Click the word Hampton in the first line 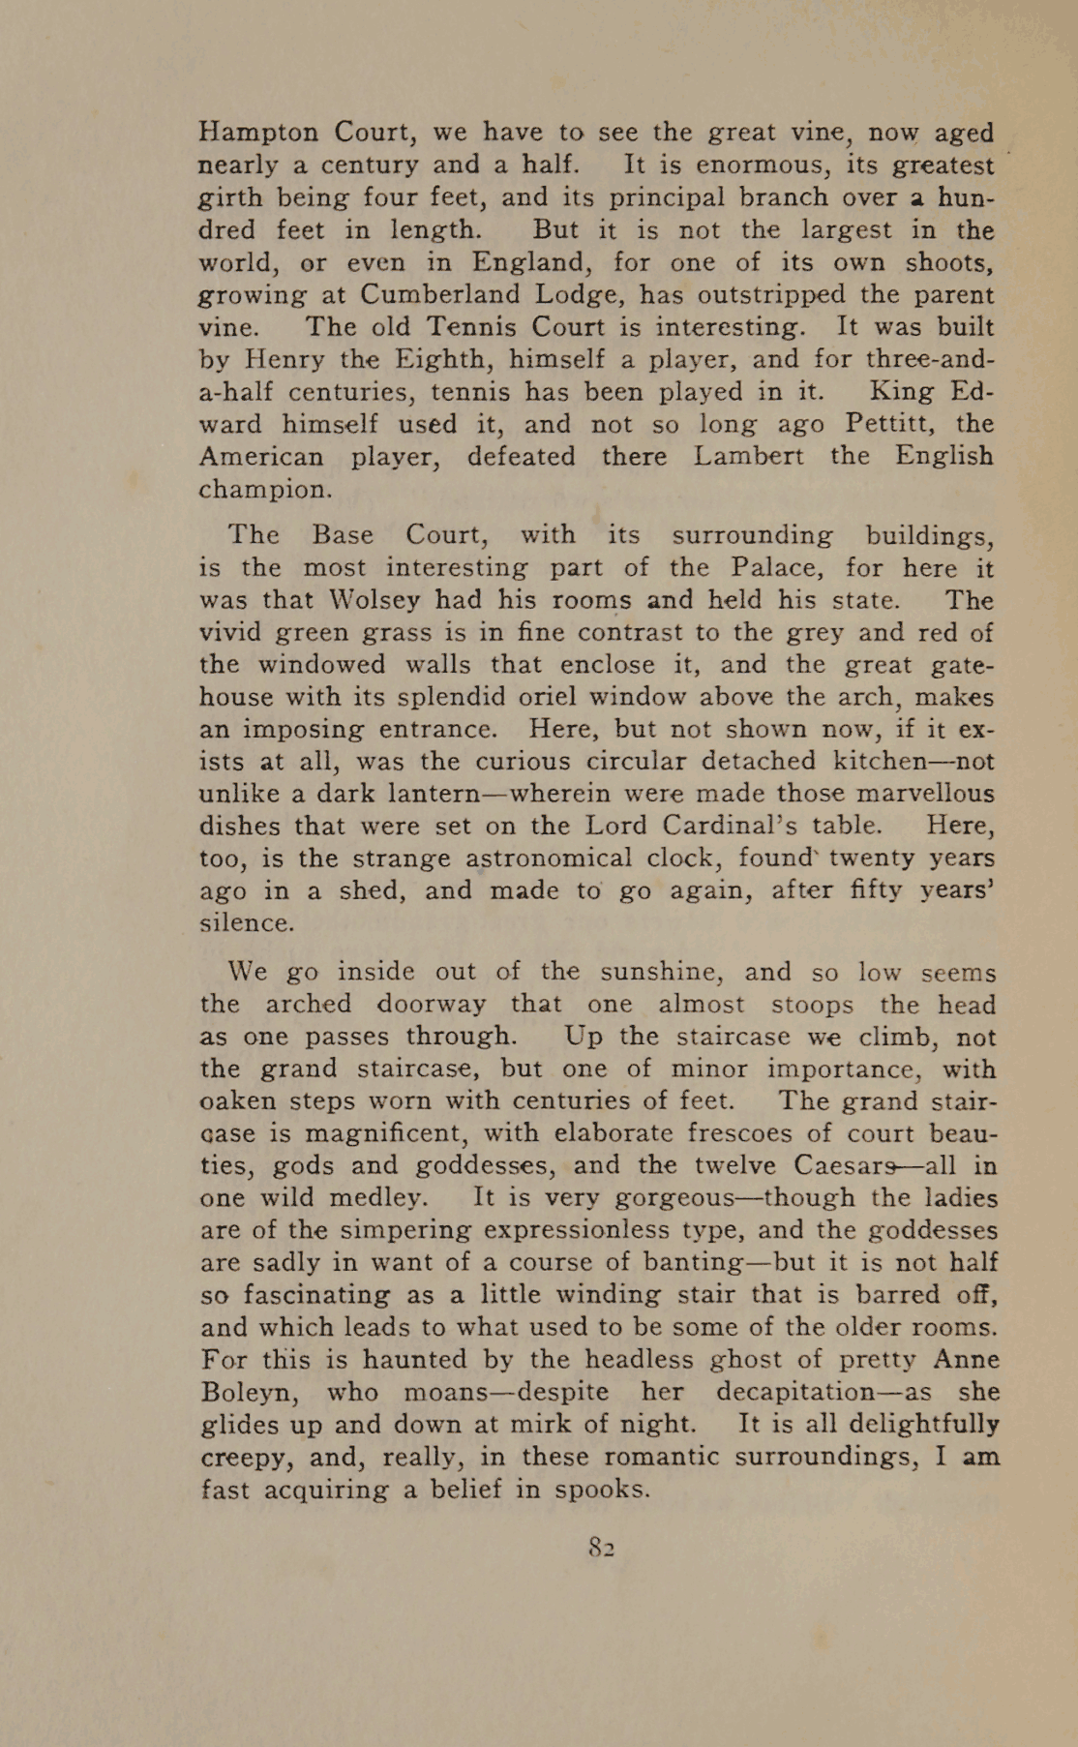[257, 133]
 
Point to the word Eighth [445, 359]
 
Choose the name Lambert [748, 456]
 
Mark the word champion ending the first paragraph [264, 490]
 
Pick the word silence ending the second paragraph [245, 923]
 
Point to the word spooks [599, 1490]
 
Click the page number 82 [601, 1547]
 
